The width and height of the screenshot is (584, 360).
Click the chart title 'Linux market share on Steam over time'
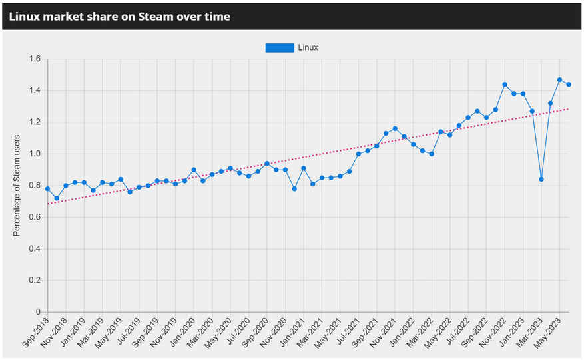click(x=120, y=17)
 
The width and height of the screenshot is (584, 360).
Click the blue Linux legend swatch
click(x=279, y=47)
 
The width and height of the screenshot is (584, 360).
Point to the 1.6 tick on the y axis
click(x=35, y=59)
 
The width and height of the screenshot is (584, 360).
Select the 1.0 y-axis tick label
click(x=35, y=154)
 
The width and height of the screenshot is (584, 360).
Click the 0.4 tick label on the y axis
click(x=35, y=249)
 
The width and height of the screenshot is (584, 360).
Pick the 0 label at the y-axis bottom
click(x=38, y=312)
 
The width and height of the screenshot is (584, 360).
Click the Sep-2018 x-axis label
click(x=35, y=332)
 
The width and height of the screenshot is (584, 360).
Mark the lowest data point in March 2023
click(x=541, y=179)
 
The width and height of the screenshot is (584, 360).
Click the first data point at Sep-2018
click(x=47, y=189)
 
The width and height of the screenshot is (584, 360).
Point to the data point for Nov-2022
click(x=505, y=85)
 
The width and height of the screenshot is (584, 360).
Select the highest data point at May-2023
click(x=559, y=80)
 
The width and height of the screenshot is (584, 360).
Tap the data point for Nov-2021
click(x=395, y=128)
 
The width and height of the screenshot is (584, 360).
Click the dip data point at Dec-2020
click(x=294, y=189)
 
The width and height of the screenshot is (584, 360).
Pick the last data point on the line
click(x=569, y=85)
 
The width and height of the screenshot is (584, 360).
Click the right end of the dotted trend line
click(x=569, y=108)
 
